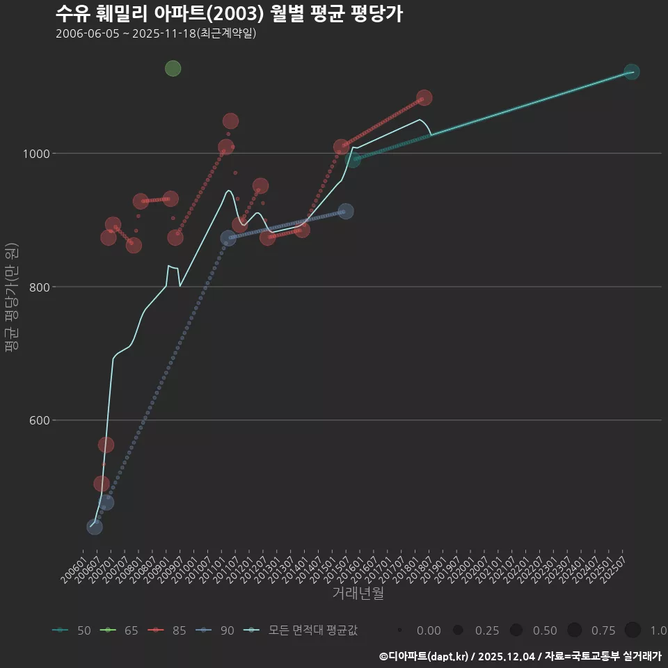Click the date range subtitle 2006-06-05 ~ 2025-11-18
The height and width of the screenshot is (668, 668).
tap(157, 33)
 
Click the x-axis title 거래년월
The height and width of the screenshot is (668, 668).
tap(358, 594)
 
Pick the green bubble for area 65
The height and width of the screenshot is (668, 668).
tap(173, 68)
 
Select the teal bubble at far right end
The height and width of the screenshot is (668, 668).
tap(632, 72)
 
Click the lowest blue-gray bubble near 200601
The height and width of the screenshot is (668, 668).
tap(95, 527)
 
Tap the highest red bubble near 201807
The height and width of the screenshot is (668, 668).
tap(424, 97)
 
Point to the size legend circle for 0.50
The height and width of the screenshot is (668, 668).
tap(516, 630)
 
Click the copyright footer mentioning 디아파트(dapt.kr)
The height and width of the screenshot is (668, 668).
tap(520, 655)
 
